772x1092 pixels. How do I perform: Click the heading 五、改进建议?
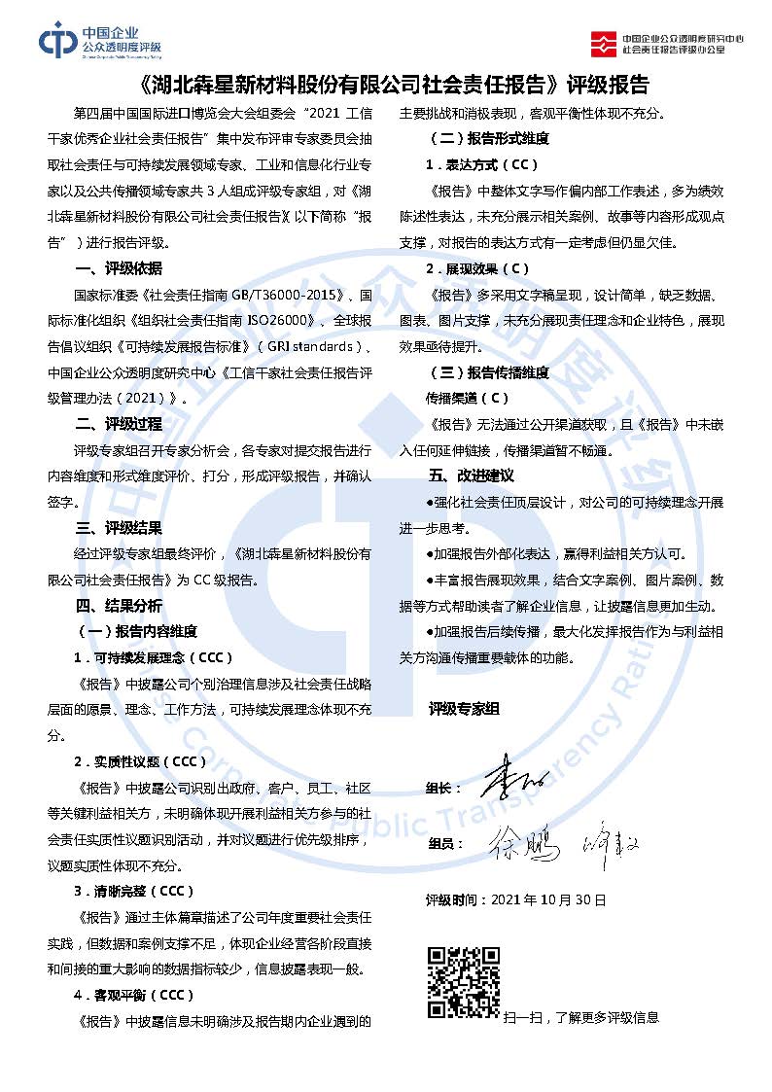(x=471, y=476)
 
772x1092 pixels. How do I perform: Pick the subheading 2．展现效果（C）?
(x=477, y=268)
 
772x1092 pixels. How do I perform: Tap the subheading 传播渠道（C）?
(x=468, y=398)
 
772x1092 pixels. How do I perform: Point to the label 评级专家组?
(x=464, y=710)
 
